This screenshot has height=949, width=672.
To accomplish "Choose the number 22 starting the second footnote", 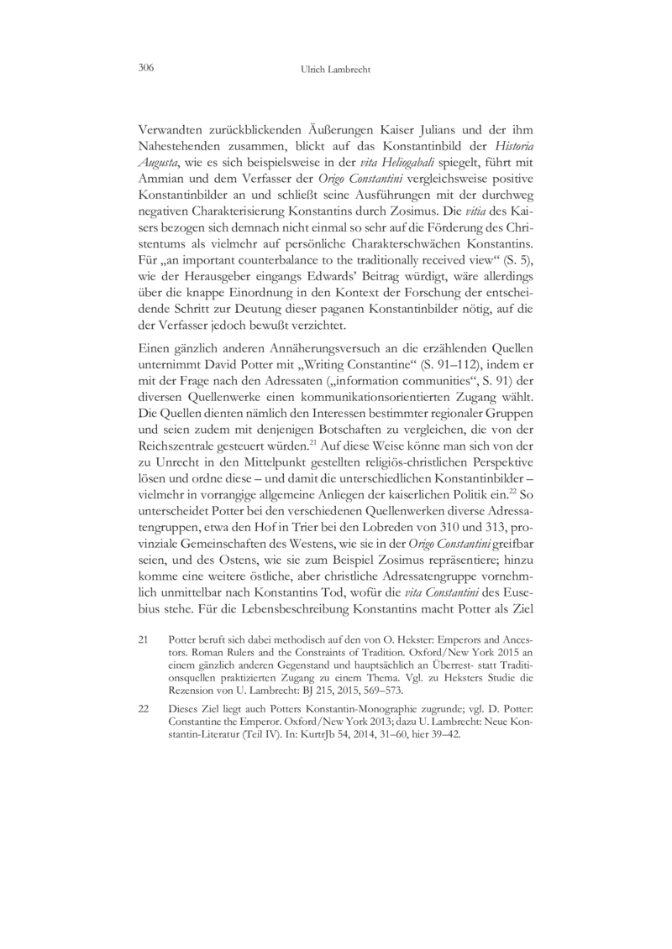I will click(142, 709).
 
